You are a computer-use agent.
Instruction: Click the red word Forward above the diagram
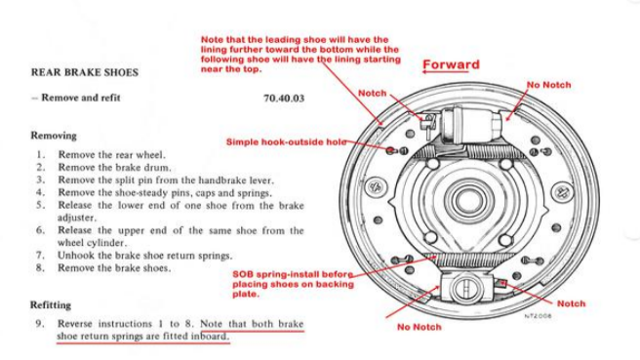[451, 65]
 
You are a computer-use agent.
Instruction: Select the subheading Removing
[54, 136]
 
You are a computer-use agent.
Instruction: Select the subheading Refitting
[56, 304]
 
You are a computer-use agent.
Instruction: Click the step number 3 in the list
[40, 180]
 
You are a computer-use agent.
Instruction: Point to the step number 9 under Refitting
[40, 323]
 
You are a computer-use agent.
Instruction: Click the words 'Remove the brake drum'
[109, 167]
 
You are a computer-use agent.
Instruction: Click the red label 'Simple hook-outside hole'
[286, 141]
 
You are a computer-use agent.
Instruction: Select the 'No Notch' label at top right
[548, 85]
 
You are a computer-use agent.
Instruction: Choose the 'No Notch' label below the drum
[419, 327]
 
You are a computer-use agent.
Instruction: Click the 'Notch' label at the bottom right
[571, 303]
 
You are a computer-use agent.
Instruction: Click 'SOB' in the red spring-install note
[243, 275]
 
